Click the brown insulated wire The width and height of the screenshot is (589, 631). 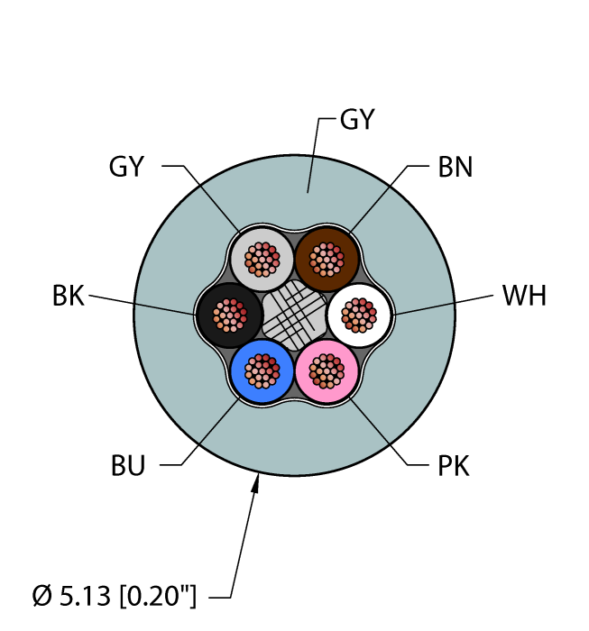327,260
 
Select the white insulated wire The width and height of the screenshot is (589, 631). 359,315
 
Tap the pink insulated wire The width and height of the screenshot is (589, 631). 327,371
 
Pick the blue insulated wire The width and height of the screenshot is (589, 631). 262,371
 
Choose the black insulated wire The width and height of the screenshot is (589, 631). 229,315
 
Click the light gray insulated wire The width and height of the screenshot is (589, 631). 262,260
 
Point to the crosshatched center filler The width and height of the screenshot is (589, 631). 294,315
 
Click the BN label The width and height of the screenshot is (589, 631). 455,167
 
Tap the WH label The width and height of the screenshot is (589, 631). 524,296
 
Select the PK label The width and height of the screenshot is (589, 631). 454,466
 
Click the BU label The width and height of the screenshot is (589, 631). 127,466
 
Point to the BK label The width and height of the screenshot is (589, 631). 69,296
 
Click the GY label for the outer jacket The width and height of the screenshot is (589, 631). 357,119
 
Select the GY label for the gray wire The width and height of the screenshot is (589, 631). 126,166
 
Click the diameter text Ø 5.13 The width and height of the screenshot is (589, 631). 71,596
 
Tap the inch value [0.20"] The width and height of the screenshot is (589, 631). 158,596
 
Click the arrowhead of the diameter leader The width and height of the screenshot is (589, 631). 255,483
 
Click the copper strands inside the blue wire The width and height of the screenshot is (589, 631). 262,371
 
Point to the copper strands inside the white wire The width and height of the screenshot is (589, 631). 359,315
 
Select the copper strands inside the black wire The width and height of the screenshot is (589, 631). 229,315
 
